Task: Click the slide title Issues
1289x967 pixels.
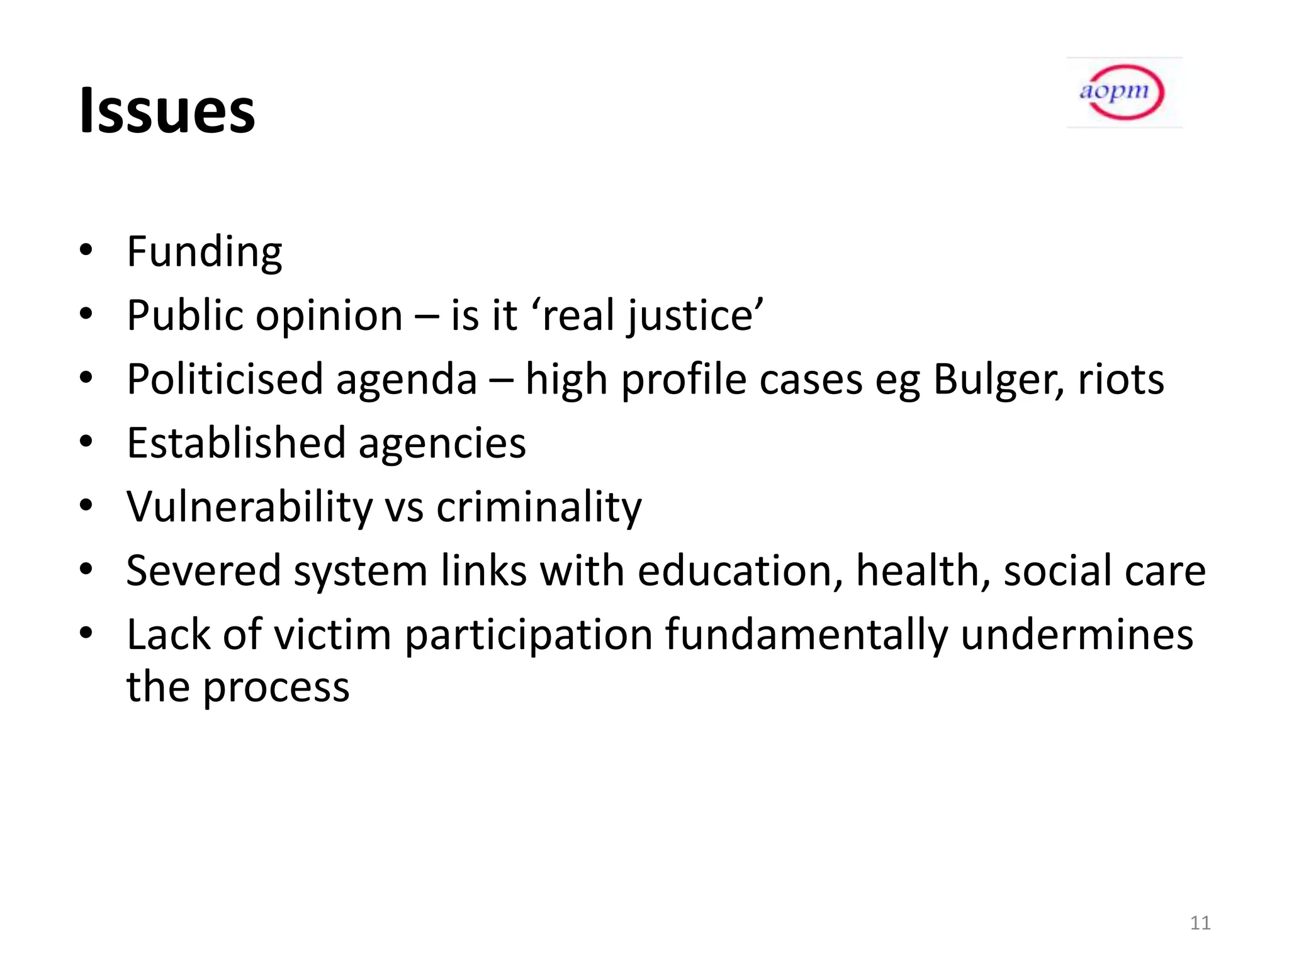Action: (x=167, y=111)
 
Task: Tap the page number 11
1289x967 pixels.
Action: (x=1200, y=923)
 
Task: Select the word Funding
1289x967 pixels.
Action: (x=205, y=252)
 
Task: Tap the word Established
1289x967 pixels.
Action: (x=236, y=443)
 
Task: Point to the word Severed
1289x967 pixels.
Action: (x=203, y=571)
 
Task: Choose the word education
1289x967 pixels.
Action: (x=740, y=571)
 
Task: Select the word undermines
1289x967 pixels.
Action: (x=1076, y=635)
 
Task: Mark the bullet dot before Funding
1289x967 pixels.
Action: (x=86, y=249)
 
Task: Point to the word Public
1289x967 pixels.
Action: (x=186, y=316)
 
